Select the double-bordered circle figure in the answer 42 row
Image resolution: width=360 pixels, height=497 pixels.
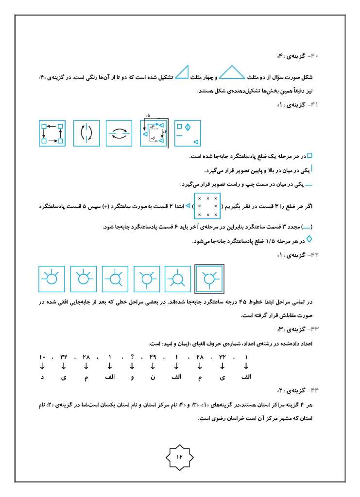click(209, 280)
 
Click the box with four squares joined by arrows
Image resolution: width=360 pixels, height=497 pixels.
click(52, 133)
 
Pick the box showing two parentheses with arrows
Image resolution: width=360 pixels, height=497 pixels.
click(86, 133)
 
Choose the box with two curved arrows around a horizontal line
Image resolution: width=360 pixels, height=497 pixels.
click(119, 133)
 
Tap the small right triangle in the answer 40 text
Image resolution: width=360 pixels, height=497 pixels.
click(182, 72)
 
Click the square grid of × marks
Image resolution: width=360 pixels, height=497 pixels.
click(207, 206)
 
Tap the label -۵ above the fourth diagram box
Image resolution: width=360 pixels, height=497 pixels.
click(148, 116)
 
